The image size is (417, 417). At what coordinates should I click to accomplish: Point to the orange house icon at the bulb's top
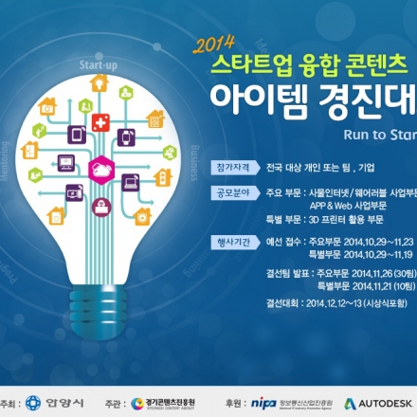99,83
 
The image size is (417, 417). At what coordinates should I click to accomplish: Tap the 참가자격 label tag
233,167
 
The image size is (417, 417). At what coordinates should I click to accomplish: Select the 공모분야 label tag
233,191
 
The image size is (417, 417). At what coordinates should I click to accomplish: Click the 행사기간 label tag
233,242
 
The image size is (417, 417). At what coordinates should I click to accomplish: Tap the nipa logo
264,403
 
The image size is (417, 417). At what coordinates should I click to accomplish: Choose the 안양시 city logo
44,402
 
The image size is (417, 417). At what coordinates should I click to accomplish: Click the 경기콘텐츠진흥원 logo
167,403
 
